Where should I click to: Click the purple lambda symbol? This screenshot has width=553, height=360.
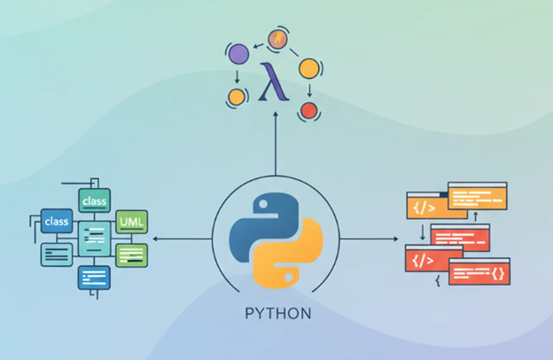[274, 82]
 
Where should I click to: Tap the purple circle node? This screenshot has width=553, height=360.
[238, 54]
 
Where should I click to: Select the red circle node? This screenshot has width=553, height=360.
[309, 111]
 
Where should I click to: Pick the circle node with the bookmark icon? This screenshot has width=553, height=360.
[278, 39]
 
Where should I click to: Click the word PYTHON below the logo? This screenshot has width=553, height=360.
[278, 313]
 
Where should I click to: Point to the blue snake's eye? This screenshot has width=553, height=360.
[262, 204]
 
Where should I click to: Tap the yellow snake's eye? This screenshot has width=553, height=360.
[289, 278]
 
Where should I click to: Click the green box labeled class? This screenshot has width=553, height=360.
[94, 200]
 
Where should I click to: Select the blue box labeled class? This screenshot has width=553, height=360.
[57, 221]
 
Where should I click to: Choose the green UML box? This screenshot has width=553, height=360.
[131, 222]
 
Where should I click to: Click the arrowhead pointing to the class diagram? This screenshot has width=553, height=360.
[155, 239]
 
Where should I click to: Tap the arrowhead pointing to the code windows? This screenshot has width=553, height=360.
[396, 239]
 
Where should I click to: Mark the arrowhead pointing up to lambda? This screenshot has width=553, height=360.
[276, 114]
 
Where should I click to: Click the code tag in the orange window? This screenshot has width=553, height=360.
[424, 207]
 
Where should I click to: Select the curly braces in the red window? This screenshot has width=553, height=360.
[498, 273]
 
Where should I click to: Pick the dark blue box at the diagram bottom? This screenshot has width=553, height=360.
[94, 278]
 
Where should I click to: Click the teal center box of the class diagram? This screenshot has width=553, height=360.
[94, 239]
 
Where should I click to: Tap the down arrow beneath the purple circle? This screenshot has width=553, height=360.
[237, 77]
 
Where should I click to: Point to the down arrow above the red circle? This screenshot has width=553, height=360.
[309, 90]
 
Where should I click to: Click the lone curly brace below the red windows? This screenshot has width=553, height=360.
[438, 280]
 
